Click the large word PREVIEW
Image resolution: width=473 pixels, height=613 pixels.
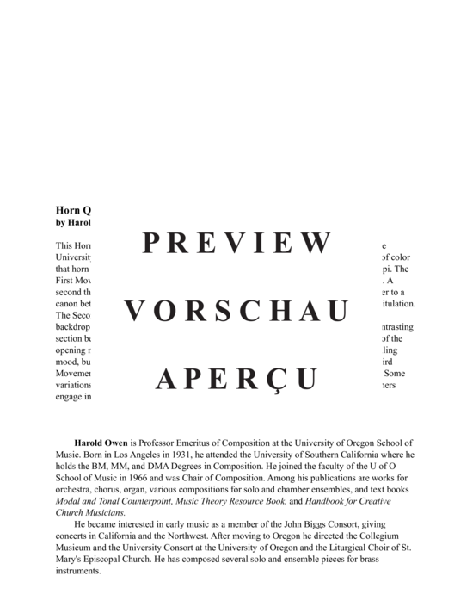click(x=236, y=244)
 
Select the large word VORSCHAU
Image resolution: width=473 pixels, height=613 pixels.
click(x=236, y=311)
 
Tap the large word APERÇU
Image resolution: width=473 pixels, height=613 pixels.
click(x=236, y=379)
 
